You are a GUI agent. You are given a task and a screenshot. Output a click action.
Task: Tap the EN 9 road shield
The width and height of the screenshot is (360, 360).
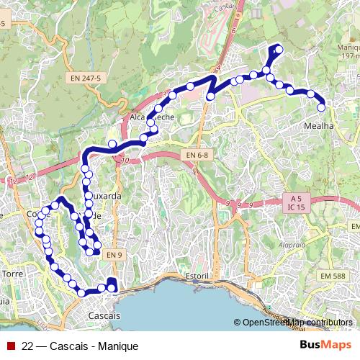(114, 253)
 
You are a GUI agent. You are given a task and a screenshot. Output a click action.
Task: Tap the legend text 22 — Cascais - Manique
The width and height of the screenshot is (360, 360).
(79, 346)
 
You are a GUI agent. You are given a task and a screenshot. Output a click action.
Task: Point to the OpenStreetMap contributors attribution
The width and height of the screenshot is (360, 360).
(297, 323)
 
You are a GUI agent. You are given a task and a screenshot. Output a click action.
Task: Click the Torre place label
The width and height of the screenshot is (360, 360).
(14, 274)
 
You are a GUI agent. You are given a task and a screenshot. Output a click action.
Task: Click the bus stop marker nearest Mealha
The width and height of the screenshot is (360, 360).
(322, 107)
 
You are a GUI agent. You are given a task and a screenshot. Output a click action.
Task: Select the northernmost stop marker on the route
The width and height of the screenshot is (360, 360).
(279, 49)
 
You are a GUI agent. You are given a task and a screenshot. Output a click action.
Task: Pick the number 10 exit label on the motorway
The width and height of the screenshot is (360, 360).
(125, 161)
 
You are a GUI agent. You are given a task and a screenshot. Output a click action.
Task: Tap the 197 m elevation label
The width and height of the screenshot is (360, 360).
(349, 55)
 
